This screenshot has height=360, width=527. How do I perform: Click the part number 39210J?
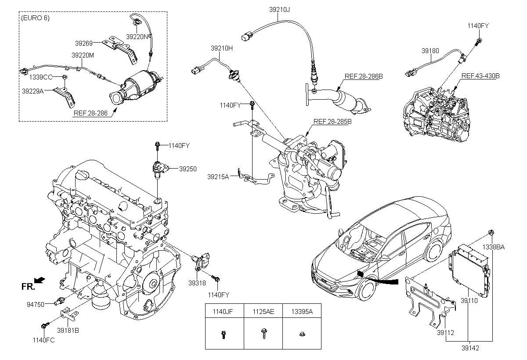click(x=279, y=9)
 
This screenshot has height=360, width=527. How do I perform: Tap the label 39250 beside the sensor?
click(x=188, y=169)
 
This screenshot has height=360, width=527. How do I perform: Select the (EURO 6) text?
click(x=35, y=18)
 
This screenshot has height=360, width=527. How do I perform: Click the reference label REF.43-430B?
click(x=480, y=76)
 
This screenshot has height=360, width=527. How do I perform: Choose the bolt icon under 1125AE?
click(x=263, y=333)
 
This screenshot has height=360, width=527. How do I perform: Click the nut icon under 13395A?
click(x=302, y=334)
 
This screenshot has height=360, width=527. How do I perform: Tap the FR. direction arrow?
click(x=40, y=280)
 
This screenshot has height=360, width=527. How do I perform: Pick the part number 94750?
click(x=36, y=305)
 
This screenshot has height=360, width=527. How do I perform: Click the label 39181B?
click(x=68, y=331)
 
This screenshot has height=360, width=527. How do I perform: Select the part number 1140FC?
click(x=43, y=340)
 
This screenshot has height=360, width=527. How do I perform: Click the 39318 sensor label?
click(x=197, y=283)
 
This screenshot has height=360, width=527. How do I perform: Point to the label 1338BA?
click(x=494, y=247)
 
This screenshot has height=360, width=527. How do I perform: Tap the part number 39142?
click(x=470, y=348)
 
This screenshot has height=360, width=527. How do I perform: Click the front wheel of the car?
click(x=367, y=291)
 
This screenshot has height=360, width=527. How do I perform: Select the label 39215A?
click(x=218, y=176)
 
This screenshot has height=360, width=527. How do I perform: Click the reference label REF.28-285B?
click(x=332, y=121)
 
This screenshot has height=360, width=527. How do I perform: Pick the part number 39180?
click(x=430, y=51)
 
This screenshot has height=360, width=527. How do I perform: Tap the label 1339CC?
click(x=41, y=77)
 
